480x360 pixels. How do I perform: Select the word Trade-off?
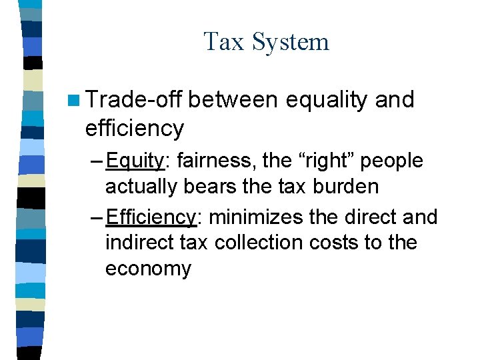pyautogui.click(x=133, y=99)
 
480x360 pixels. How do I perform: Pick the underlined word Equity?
pyautogui.click(x=135, y=161)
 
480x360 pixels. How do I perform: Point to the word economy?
pyautogui.click(x=148, y=269)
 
